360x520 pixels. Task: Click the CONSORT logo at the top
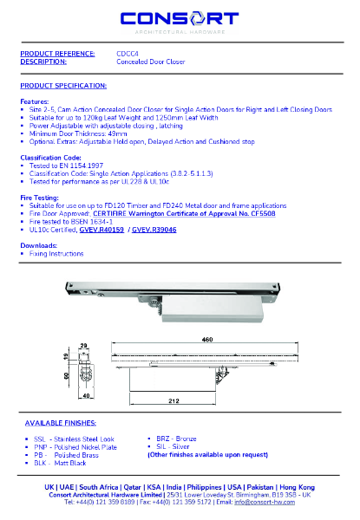pyautogui.click(x=180, y=20)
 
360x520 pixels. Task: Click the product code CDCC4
pyautogui.click(x=127, y=54)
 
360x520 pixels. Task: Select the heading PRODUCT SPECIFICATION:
pyautogui.click(x=63, y=86)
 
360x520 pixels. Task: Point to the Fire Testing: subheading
pyautogui.click(x=40, y=198)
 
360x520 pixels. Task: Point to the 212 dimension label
pyautogui.click(x=173, y=400)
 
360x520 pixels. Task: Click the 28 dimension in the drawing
pyautogui.click(x=84, y=345)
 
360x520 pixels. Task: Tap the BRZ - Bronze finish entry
pyautogui.click(x=179, y=439)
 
